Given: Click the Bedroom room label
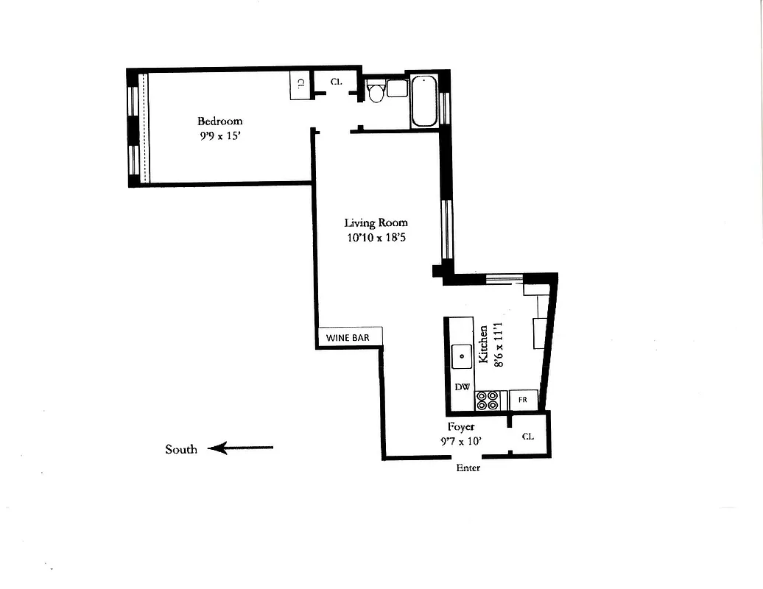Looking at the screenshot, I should pos(219,121).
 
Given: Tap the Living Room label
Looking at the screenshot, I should pos(376,222).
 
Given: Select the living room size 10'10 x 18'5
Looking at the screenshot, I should pos(376,237).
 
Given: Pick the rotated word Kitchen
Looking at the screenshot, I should pos(483,344).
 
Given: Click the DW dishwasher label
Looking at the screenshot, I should pos(462,387).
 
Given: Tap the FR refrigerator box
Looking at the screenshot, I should pos(523,400).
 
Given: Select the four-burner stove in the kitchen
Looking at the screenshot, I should pos(488,400).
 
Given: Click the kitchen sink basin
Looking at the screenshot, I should pos(462,356).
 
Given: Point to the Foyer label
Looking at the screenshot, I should pos(461,426).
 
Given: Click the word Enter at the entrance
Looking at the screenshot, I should pos(468,468).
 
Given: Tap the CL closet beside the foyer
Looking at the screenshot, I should pos(528,436).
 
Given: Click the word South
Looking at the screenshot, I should pos(181,449).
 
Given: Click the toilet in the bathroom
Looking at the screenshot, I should pos(375,92).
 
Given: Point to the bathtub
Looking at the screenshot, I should pos(423,101).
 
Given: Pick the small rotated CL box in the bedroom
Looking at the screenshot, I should pos(300,85).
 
